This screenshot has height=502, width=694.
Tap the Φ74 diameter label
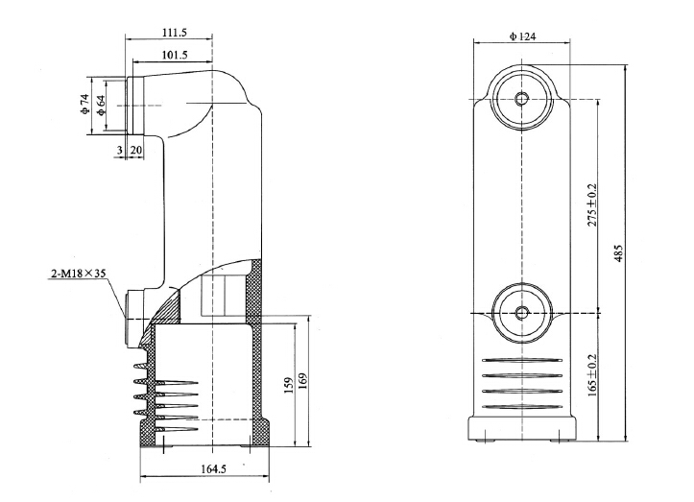click(84, 105)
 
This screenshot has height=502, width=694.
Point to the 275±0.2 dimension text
click(593, 204)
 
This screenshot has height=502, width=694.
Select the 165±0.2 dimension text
click(593, 381)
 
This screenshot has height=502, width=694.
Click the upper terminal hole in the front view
click(521, 99)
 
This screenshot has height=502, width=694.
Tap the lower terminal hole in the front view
click(521, 312)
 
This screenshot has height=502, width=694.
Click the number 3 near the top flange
click(119, 151)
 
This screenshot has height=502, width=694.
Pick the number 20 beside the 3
click(135, 151)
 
